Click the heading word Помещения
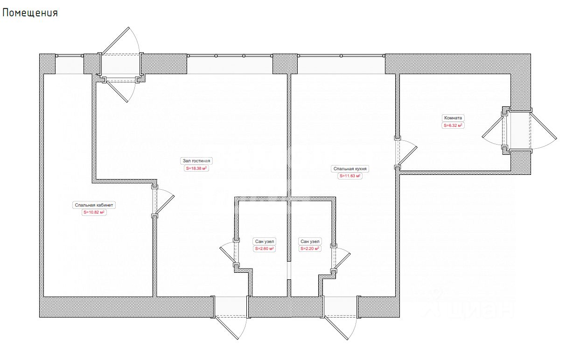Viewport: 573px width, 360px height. [30, 13]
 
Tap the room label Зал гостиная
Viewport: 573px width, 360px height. [196, 161]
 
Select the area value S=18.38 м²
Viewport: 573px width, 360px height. [196, 168]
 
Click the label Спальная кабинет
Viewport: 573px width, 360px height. [94, 205]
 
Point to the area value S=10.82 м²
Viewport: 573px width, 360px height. [94, 212]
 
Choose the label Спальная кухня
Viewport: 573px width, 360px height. [350, 169]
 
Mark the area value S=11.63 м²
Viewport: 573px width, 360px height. [350, 176]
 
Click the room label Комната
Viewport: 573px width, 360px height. [453, 118]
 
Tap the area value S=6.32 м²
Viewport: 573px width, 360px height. [453, 125]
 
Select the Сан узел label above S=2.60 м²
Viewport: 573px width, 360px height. [265, 242]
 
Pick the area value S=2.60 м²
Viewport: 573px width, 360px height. [265, 249]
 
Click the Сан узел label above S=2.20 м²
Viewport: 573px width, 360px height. [310, 242]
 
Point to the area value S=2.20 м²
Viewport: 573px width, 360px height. [310, 249]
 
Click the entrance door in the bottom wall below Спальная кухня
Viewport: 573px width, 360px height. [340, 318]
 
